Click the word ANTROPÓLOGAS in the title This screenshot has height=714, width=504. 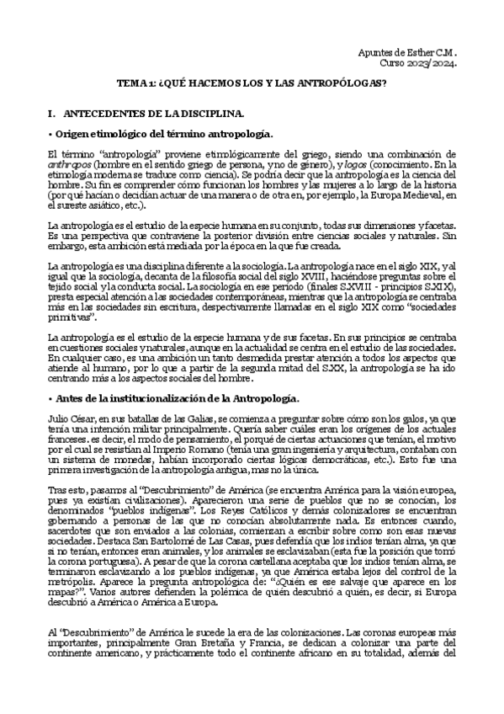click(x=342, y=84)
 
